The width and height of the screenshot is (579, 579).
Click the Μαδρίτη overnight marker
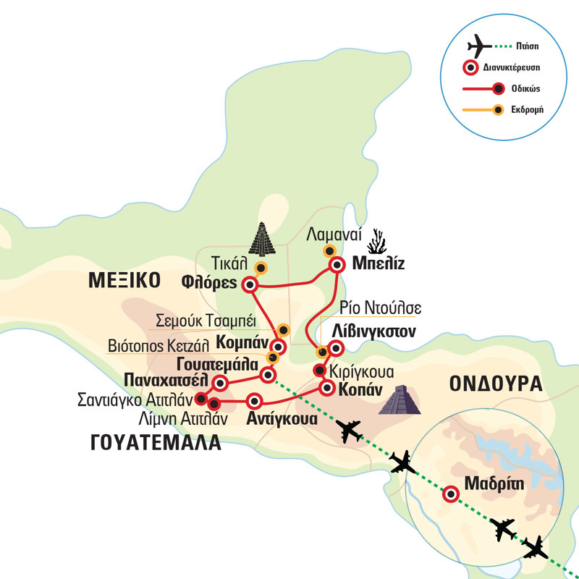449,494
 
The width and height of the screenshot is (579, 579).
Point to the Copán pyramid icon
400,400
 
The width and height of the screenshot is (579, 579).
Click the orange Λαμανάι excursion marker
329,251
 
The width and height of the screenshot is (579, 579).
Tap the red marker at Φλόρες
250,284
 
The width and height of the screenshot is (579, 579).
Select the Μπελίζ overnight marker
336,265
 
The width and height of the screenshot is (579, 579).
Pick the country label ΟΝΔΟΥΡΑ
495,384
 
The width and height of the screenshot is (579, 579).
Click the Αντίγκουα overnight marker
254,401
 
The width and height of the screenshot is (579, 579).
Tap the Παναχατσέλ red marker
220,382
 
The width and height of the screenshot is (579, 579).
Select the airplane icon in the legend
479,46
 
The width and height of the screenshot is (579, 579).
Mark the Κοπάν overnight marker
326,388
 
